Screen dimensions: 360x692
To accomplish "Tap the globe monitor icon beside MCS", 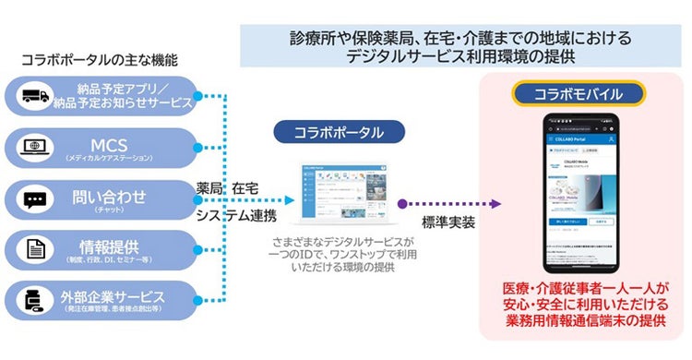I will click(36, 148).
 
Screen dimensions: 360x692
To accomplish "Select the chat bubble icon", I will click(36, 199).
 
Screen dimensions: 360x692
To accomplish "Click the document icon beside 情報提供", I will click(36, 249).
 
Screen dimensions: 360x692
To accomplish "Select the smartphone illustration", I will click(579, 193).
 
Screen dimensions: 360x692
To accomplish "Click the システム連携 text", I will click(236, 216).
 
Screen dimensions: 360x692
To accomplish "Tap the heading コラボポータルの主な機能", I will click(99, 61).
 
